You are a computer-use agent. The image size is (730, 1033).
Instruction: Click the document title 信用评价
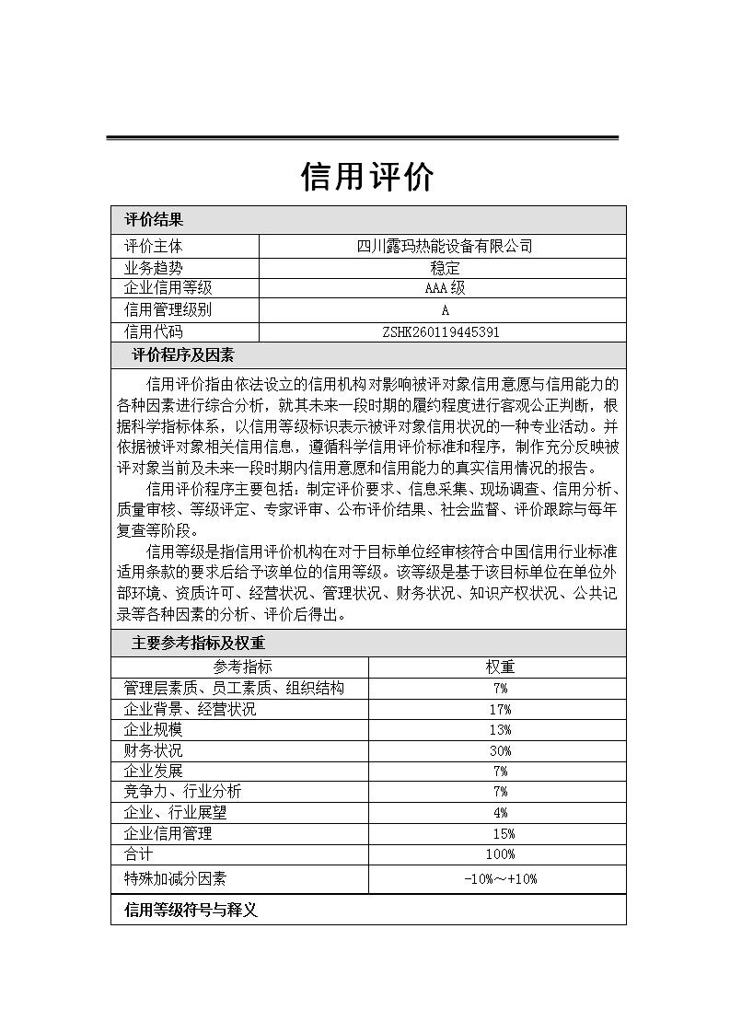click(366, 177)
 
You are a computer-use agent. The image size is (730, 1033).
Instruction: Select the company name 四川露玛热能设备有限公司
click(444, 247)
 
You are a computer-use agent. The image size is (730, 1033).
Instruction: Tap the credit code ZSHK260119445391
click(444, 332)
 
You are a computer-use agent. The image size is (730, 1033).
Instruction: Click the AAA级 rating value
click(444, 289)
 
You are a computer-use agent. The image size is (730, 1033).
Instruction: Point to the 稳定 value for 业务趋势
click(444, 268)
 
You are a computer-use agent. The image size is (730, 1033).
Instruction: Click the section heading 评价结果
click(154, 220)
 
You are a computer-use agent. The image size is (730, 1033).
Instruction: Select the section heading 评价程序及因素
click(182, 355)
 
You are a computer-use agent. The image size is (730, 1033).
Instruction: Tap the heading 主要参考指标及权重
click(198, 644)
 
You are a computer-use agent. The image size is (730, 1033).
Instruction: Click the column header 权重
click(500, 667)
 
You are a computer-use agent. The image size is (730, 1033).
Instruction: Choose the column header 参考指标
click(242, 667)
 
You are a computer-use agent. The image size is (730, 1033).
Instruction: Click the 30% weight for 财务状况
click(500, 750)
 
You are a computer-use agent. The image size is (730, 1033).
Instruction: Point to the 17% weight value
click(500, 709)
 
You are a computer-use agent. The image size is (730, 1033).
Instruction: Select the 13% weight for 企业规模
click(500, 730)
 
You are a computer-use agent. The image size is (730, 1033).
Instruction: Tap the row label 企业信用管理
click(168, 833)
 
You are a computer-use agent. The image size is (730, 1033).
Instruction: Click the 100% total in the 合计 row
click(500, 854)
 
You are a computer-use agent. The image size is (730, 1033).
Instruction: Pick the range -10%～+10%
click(500, 878)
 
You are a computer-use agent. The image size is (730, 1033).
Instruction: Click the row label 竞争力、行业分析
click(182, 792)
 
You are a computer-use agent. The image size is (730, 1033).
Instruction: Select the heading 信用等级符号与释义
click(191, 911)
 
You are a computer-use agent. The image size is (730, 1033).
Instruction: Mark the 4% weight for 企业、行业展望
click(500, 813)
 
